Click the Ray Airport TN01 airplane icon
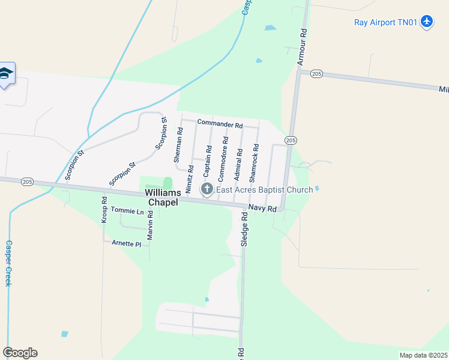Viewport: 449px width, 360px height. click(427, 22)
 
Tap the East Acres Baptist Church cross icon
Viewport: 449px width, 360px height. click(207, 190)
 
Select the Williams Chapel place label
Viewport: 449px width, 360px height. click(161, 197)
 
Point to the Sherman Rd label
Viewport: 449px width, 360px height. click(178, 145)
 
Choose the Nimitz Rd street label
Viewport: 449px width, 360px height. click(190, 179)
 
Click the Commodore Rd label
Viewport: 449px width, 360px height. click(223, 160)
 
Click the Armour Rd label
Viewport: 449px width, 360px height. click(302, 46)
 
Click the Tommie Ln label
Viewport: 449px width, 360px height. click(131, 212)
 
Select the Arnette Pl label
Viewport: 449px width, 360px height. click(126, 244)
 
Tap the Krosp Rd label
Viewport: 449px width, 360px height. click(104, 211)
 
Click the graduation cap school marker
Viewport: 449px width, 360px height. click(6, 74)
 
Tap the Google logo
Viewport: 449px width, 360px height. click(20, 353)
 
